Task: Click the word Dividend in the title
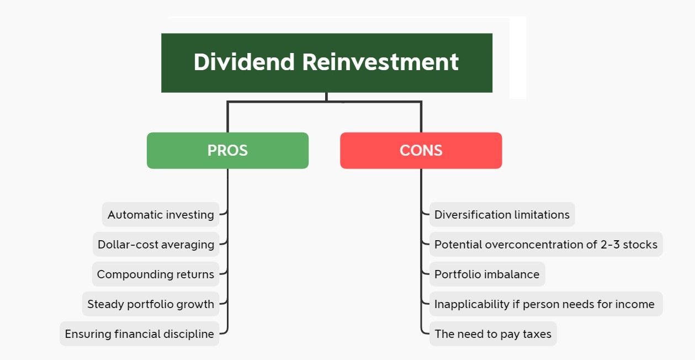point(244,62)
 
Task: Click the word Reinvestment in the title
point(380,62)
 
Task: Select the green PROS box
point(228,151)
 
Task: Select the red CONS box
point(421,151)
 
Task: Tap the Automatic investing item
point(161,214)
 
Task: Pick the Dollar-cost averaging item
point(156,244)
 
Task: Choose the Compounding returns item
point(156,274)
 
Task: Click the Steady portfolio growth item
point(151,304)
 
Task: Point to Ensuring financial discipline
point(140,333)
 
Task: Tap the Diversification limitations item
point(502,214)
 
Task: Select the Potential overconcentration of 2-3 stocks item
point(546,244)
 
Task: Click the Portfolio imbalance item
point(487,274)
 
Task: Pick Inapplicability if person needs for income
point(546,304)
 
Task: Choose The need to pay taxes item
point(493,333)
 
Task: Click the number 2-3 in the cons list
point(610,245)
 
